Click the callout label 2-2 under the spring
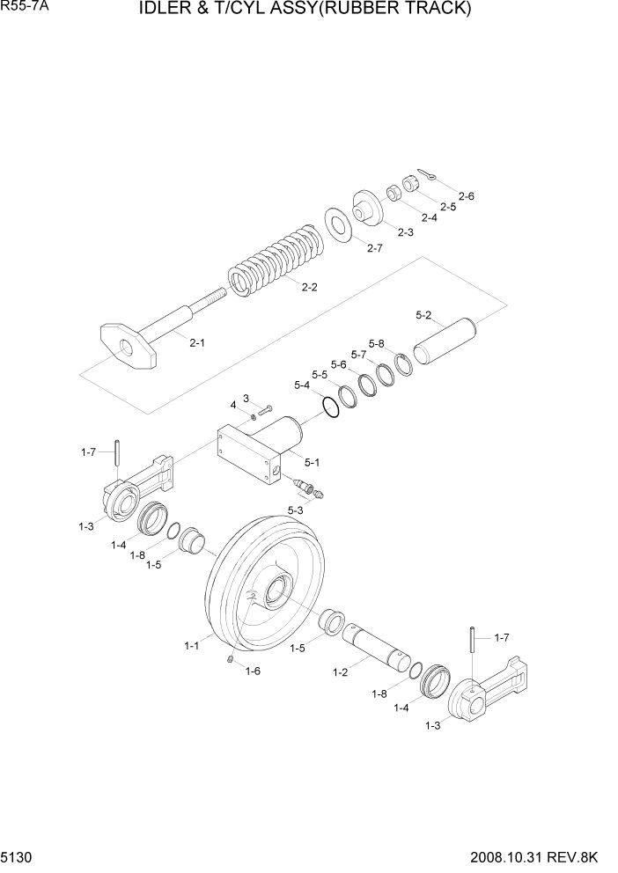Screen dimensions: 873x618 coord(309,287)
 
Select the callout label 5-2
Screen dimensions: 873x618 coord(423,314)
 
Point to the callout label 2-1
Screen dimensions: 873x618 coord(197,343)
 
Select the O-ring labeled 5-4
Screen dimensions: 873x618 coord(330,408)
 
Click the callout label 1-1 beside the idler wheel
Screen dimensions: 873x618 coord(192,645)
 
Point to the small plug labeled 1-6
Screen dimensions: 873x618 coord(230,660)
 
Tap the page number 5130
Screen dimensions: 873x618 coord(17,856)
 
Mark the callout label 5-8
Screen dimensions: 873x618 coord(377,343)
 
